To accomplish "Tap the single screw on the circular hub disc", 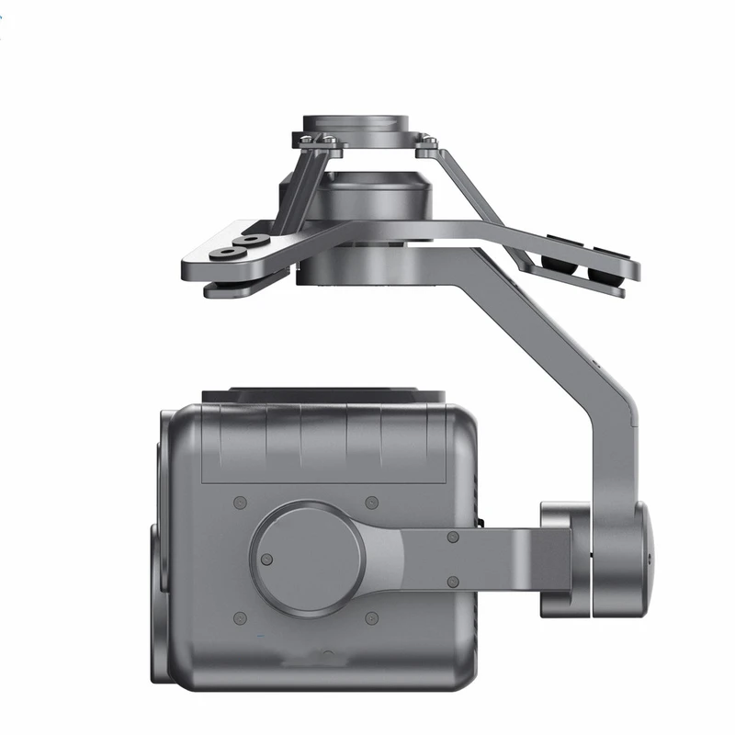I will [266, 559].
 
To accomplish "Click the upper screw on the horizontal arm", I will [453, 537].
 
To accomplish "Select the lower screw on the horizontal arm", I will [453, 581].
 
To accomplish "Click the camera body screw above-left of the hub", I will [240, 503].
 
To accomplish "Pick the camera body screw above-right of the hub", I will [371, 503].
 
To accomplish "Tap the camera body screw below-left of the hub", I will [240, 616].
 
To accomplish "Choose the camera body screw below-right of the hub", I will [371, 616].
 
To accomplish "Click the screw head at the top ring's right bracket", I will [427, 141].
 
